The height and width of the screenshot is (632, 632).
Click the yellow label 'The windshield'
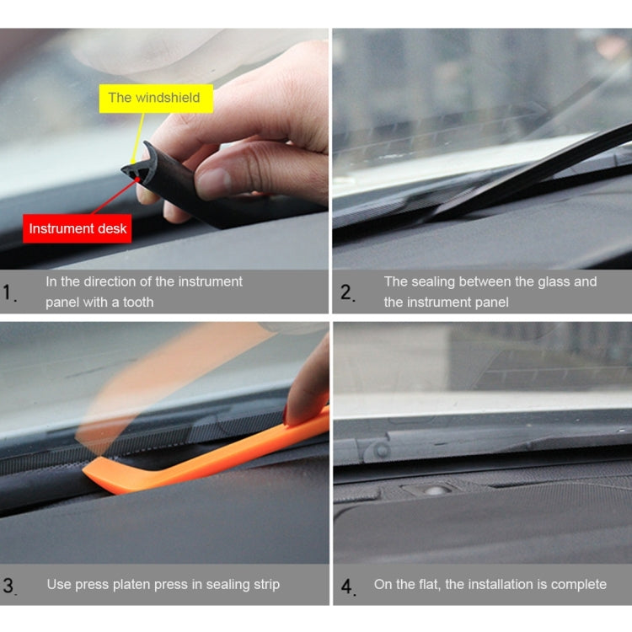[154, 98]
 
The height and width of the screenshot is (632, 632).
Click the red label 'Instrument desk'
[78, 228]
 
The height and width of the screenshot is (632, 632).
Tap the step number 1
[8, 293]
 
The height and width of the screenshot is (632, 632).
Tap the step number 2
[347, 293]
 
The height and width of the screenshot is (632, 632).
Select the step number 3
[8, 586]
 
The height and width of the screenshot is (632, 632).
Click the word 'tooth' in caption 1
[137, 303]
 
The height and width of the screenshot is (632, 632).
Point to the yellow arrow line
[134, 139]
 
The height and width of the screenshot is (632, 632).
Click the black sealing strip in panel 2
[539, 169]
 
